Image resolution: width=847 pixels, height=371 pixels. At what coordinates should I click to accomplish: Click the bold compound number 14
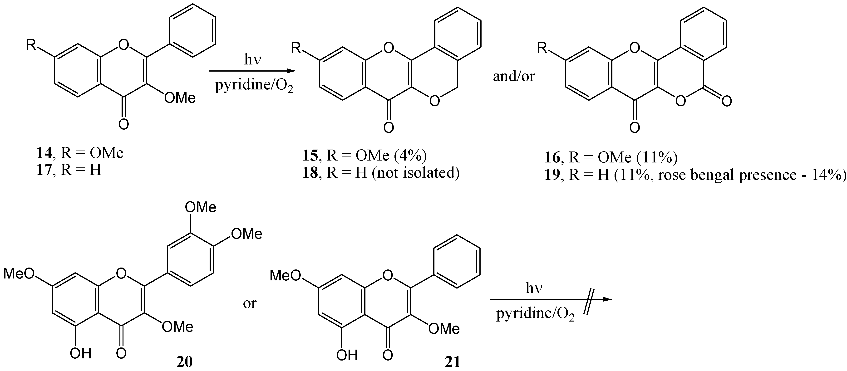[44, 153]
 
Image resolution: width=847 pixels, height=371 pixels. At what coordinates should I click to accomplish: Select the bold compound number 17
[44, 170]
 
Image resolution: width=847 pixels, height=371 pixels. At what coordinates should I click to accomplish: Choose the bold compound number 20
[184, 362]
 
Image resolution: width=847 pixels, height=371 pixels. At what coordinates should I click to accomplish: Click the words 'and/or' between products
[514, 76]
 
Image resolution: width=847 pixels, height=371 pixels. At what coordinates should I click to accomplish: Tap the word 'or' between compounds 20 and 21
[250, 303]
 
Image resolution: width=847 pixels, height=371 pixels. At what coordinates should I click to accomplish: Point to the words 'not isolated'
[416, 172]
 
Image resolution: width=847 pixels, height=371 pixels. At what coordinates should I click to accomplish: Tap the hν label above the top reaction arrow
[252, 60]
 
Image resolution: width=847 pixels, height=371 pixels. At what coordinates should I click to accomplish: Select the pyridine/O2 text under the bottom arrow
[536, 314]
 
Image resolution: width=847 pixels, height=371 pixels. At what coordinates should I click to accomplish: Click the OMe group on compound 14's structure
[180, 98]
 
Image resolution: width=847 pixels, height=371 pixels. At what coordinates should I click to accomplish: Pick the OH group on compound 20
[81, 354]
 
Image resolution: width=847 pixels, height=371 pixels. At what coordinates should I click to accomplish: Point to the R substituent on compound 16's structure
[542, 48]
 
